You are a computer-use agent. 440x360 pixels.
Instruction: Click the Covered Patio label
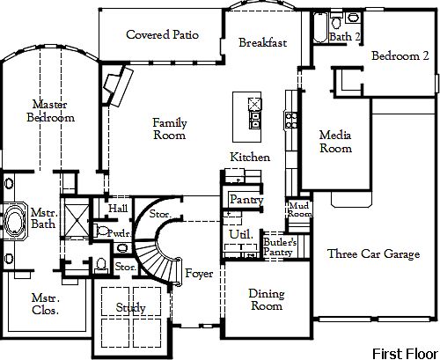[162, 35]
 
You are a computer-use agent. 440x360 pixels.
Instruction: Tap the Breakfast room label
[262, 42]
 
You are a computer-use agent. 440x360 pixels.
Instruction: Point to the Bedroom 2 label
[400, 55]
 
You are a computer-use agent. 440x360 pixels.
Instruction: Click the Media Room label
[335, 142]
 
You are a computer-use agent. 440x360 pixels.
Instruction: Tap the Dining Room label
[265, 300]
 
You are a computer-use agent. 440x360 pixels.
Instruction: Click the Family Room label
[169, 129]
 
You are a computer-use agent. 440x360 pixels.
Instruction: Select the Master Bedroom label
[50, 109]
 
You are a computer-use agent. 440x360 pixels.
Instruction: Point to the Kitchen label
[250, 157]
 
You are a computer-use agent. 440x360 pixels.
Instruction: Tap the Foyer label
[199, 273]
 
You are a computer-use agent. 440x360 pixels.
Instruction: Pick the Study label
[131, 307]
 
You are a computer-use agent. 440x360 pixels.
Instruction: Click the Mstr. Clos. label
[45, 304]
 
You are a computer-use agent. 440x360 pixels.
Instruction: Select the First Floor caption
[402, 353]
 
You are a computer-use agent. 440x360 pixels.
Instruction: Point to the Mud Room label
[299, 209]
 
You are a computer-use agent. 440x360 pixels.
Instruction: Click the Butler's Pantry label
[279, 246]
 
